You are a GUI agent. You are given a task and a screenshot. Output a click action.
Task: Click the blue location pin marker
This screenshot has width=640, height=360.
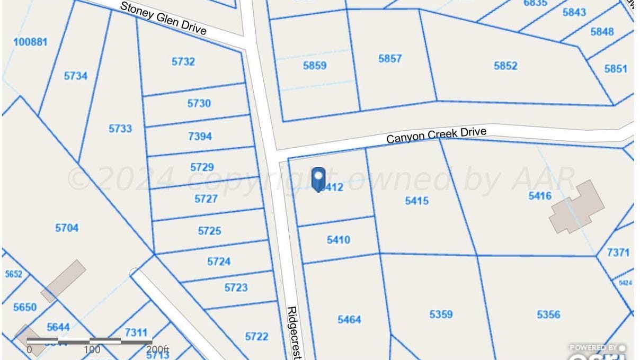tap(318, 179)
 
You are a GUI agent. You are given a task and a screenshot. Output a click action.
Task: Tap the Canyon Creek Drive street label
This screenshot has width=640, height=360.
tap(436, 135)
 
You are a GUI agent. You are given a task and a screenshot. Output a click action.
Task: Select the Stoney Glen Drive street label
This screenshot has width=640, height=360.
tap(163, 18)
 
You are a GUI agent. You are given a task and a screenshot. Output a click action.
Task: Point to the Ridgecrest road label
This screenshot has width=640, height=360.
tap(293, 332)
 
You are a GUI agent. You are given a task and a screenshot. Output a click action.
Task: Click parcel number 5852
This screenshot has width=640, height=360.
tap(505, 66)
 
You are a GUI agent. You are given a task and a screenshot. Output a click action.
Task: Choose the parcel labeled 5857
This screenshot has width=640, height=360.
tap(390, 59)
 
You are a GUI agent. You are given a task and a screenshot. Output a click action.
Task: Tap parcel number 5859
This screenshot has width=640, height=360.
tap(315, 66)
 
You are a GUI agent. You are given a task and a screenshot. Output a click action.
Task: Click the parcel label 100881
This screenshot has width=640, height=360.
tap(30, 41)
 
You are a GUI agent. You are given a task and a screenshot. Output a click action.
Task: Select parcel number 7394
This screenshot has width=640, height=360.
tap(200, 136)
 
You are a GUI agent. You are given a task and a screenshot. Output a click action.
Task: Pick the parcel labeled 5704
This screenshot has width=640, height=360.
tap(67, 228)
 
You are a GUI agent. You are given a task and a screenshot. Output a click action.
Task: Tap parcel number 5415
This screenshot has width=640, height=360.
tap(417, 201)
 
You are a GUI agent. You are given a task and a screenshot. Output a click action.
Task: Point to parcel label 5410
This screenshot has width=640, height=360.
tap(339, 240)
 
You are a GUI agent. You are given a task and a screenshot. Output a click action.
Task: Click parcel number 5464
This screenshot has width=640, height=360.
tap(349, 319)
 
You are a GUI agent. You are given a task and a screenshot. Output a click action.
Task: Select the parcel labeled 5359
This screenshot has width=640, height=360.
tap(441, 314)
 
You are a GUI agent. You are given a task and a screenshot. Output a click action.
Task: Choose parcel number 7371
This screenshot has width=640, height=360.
tap(618, 253)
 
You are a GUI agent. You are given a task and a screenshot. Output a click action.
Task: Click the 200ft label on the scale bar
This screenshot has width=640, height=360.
tap(157, 350)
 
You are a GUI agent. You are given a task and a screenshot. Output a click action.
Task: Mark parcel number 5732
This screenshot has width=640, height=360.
tap(183, 61)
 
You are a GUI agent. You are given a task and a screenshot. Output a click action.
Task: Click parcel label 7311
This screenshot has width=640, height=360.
tap(136, 332)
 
